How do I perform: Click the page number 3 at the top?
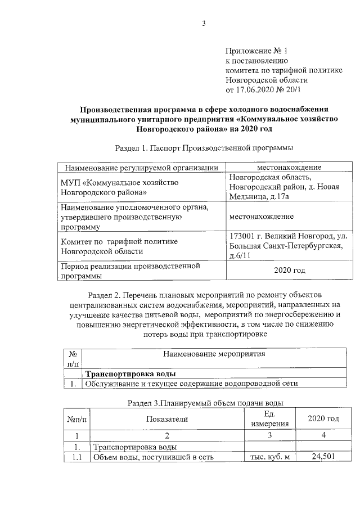204,23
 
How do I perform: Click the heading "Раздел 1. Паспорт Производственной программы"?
204,147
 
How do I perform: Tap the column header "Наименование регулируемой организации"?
141,168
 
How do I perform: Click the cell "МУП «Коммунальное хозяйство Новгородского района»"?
119,187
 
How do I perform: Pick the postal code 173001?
245,236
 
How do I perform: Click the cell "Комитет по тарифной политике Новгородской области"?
119,246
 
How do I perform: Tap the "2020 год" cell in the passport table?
289,271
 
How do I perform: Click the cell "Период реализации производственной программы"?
130,271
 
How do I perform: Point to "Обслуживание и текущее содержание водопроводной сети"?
191,384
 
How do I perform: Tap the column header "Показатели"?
167,419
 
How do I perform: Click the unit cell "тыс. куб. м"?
269,457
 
